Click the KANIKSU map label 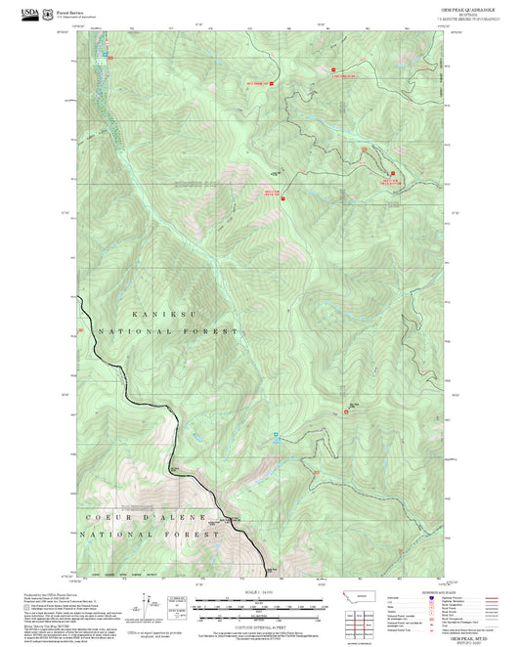156,317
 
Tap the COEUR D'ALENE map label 135,516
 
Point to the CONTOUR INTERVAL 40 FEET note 260,626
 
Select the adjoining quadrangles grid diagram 366,621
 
